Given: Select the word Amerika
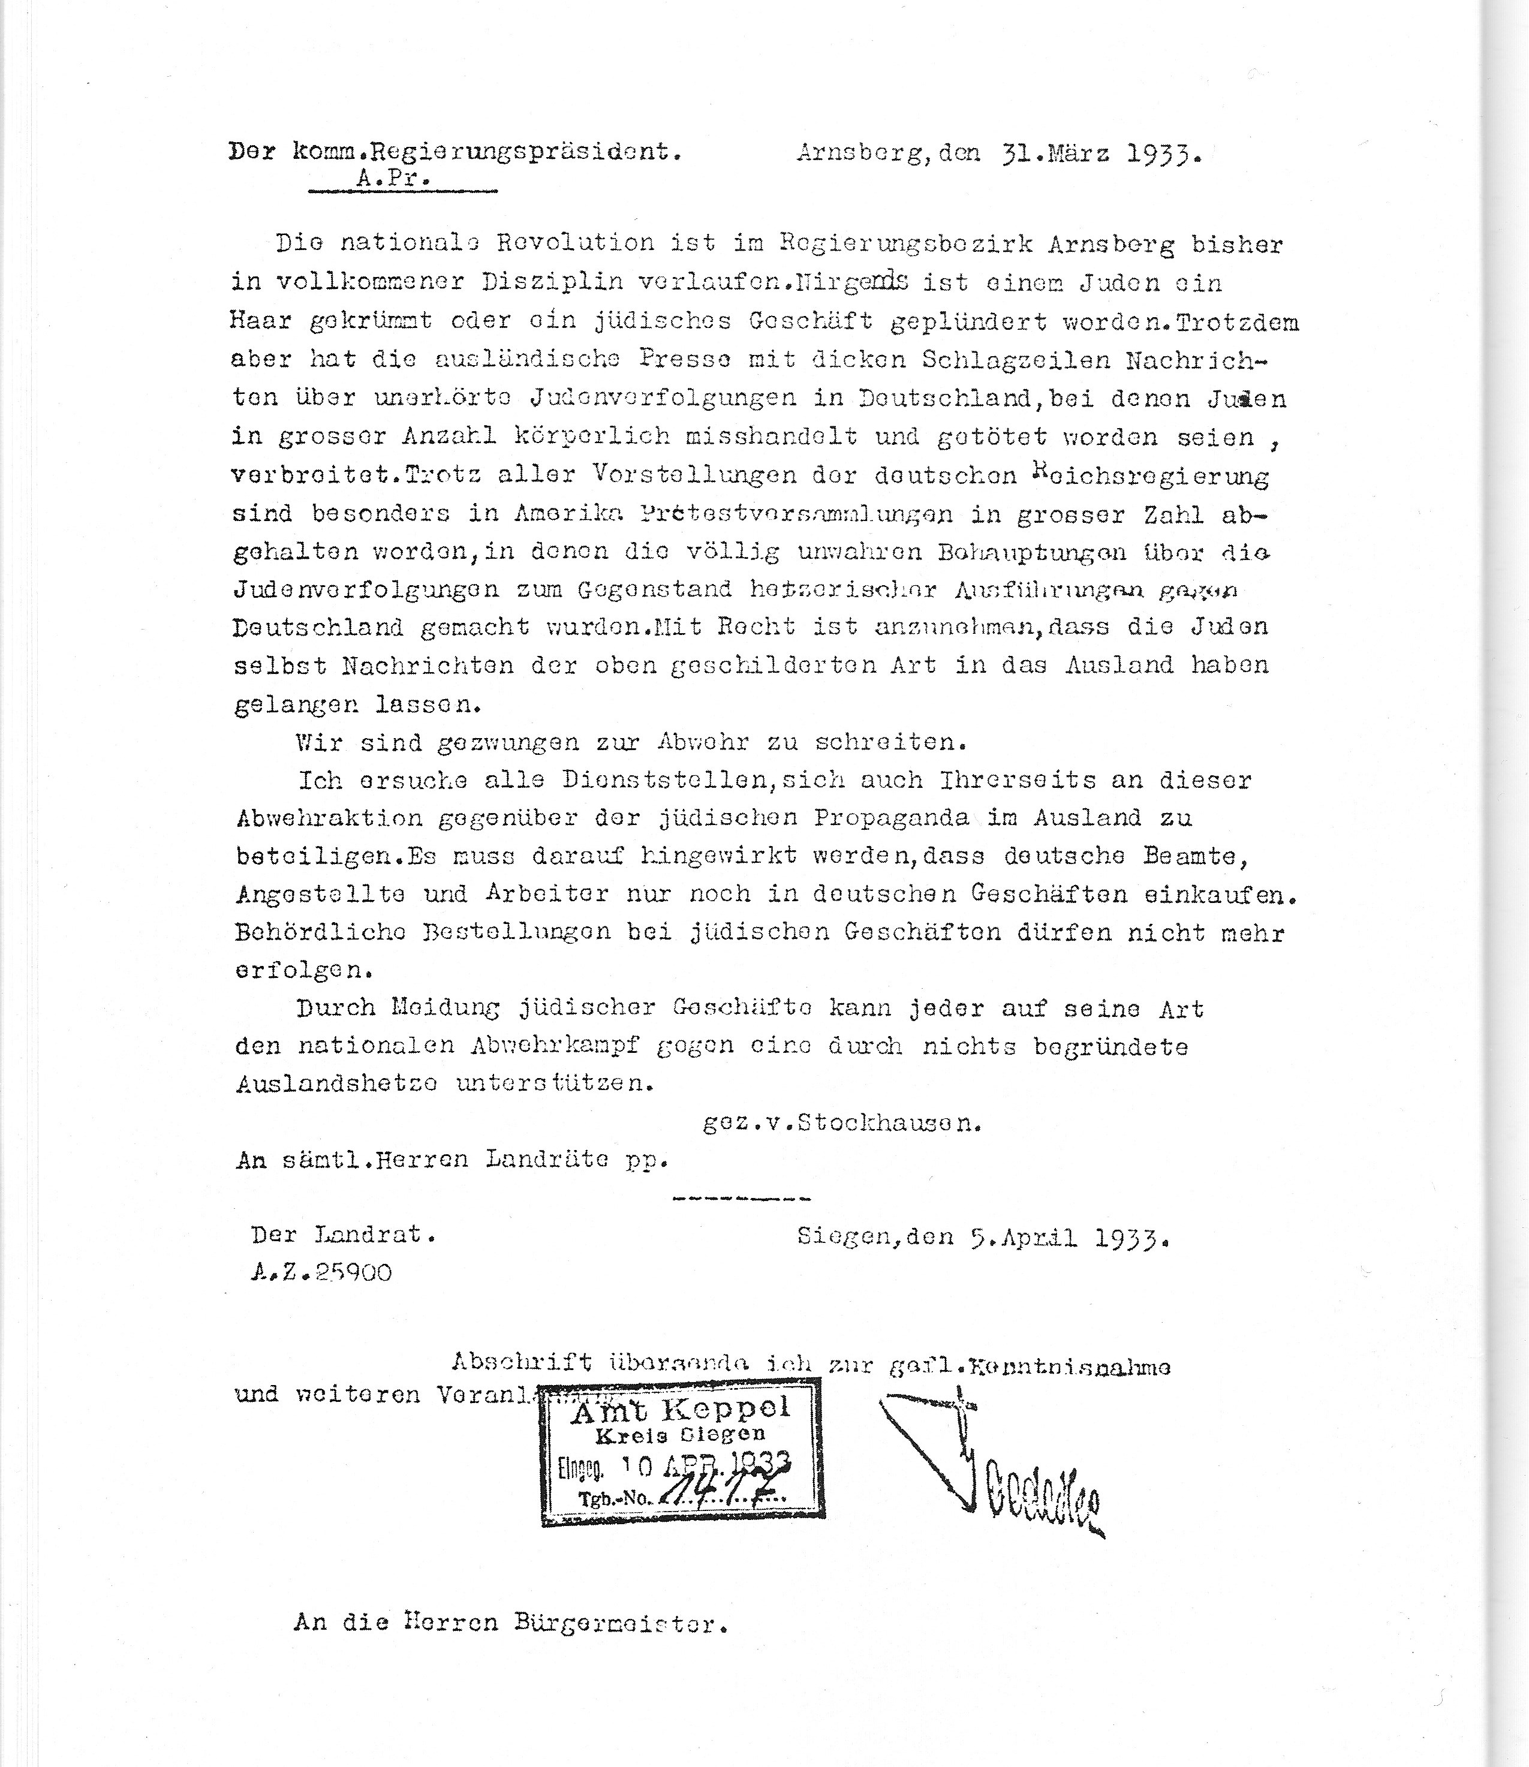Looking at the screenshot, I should pyautogui.click(x=561, y=514).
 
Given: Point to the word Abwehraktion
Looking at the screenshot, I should pyautogui.click(x=329, y=817).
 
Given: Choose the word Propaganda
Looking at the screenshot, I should pyautogui.click(x=891, y=817).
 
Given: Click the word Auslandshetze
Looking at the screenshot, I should pyautogui.click(x=337, y=1083).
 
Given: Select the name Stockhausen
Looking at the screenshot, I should pyautogui.click(x=889, y=1123).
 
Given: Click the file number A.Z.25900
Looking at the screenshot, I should pyautogui.click(x=321, y=1273).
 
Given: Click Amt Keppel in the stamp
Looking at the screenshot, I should pyautogui.click(x=681, y=1412).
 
